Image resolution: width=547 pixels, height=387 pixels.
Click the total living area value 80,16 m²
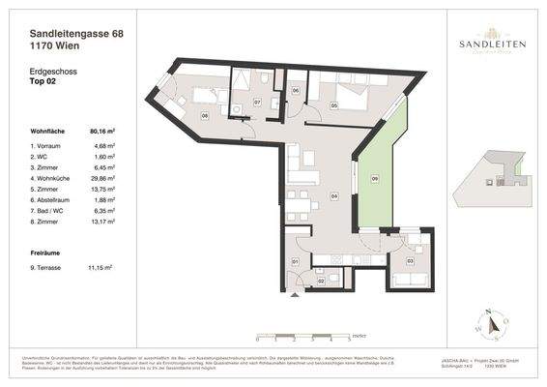pos(102,129)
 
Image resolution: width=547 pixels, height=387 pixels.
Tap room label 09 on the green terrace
pos(375,178)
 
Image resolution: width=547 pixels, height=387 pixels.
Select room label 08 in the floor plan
pos(204,115)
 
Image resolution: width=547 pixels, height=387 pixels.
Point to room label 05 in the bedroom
pos(333,104)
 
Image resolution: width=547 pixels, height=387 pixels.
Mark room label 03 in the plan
pos(410,261)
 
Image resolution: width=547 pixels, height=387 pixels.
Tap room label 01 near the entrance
pos(296,261)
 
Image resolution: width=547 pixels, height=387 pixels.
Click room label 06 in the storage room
pos(296,91)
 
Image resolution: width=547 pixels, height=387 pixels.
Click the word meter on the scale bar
pos(359,333)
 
